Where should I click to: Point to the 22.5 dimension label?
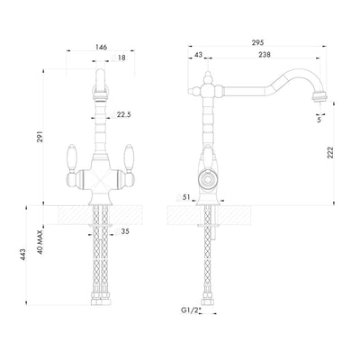(125, 114)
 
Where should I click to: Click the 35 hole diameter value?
(125, 232)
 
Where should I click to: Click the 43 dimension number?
(198, 56)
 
